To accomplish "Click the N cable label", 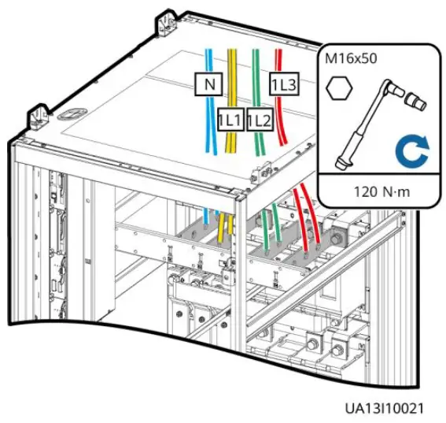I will [209, 83].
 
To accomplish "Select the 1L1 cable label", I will [229, 119].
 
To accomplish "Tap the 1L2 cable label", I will [258, 120].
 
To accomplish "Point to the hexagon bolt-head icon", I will [338, 89].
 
